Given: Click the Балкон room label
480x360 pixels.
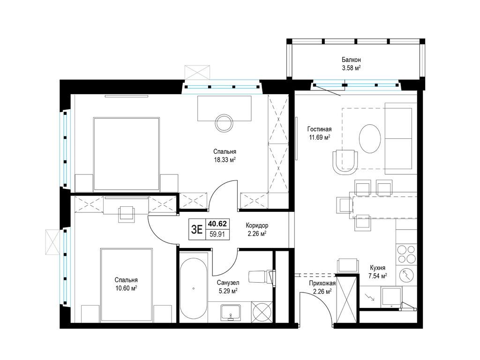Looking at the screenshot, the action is coord(351,60).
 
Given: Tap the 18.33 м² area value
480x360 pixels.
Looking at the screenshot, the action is coord(225,159).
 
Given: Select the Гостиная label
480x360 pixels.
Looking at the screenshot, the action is coord(320,129).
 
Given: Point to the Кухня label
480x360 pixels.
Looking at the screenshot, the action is coord(377,268).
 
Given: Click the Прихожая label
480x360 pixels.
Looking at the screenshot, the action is coord(322,284).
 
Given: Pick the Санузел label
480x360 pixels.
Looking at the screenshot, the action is coord(228,283).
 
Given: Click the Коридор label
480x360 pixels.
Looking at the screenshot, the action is coord(257,225).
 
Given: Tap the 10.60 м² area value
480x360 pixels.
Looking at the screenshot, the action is coord(126,288).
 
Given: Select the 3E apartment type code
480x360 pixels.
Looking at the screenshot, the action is coord(197,229).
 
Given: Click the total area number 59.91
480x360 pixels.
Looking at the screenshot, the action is coord(217,234).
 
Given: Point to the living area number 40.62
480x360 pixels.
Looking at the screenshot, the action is coord(217,224).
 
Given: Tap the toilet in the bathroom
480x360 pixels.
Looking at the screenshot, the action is coord(261,277).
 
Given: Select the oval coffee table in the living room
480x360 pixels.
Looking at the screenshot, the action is coord(370,138).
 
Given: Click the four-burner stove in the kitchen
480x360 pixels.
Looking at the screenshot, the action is coord(407,254).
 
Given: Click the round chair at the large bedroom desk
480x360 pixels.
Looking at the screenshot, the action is coord(225,123).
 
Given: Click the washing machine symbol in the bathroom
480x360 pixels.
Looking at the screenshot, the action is coord(262,312).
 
